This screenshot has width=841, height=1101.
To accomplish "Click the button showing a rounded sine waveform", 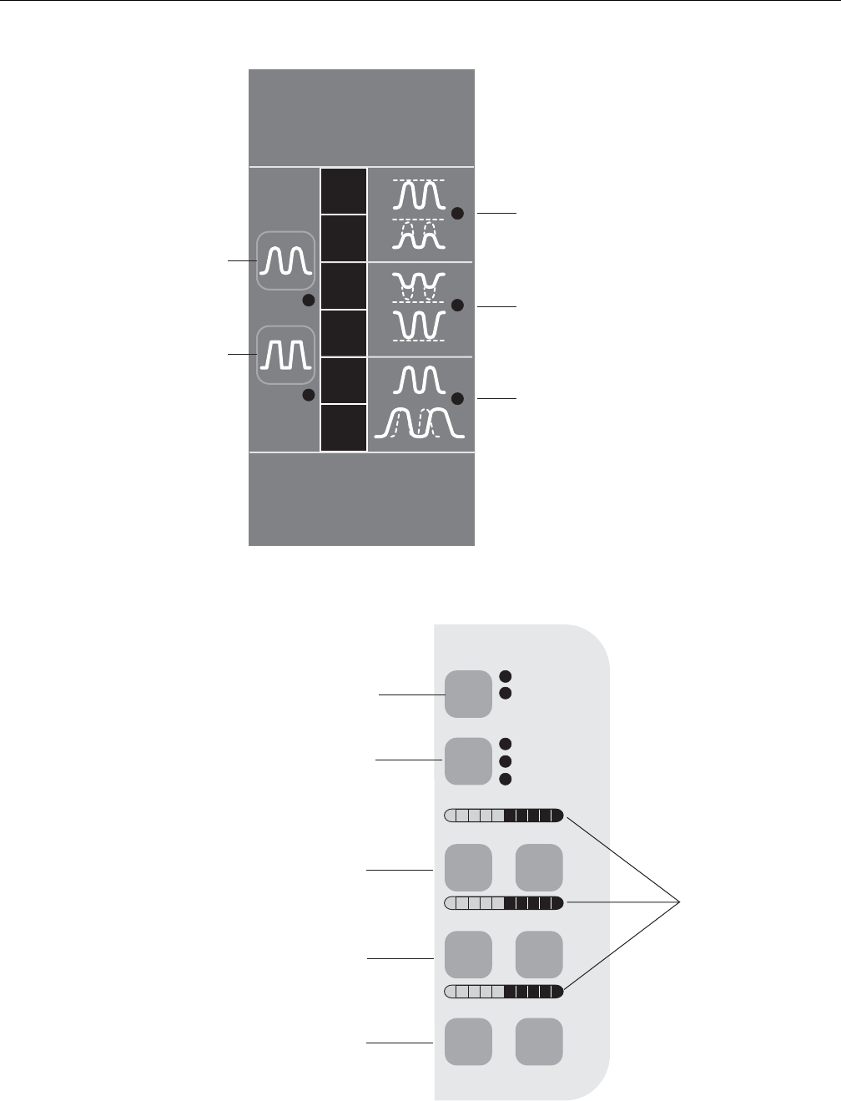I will tap(285, 260).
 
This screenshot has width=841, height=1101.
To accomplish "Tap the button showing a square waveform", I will tap(285, 355).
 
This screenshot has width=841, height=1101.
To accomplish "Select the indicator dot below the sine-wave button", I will tap(308, 301).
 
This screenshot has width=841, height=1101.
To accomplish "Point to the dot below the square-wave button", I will tap(308, 395).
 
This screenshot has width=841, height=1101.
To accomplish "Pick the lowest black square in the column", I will tap(344, 427).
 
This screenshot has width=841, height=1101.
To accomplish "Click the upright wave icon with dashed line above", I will tap(419, 194).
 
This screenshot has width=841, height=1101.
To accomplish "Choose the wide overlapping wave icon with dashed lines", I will tap(419, 424).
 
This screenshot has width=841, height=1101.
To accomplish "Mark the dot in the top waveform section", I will tap(457, 214).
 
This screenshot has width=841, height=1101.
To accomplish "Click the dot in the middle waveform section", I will tap(457, 306).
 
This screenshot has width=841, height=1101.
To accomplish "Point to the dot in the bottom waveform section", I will tap(457, 398).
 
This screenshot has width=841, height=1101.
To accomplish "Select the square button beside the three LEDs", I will tap(468, 760).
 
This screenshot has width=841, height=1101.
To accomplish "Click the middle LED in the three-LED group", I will tap(505, 760).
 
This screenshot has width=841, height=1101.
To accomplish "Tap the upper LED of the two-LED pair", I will tap(505, 675).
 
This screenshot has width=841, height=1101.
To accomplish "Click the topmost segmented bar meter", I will tap(505, 816).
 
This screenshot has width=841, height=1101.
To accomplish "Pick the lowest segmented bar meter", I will tap(505, 991).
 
